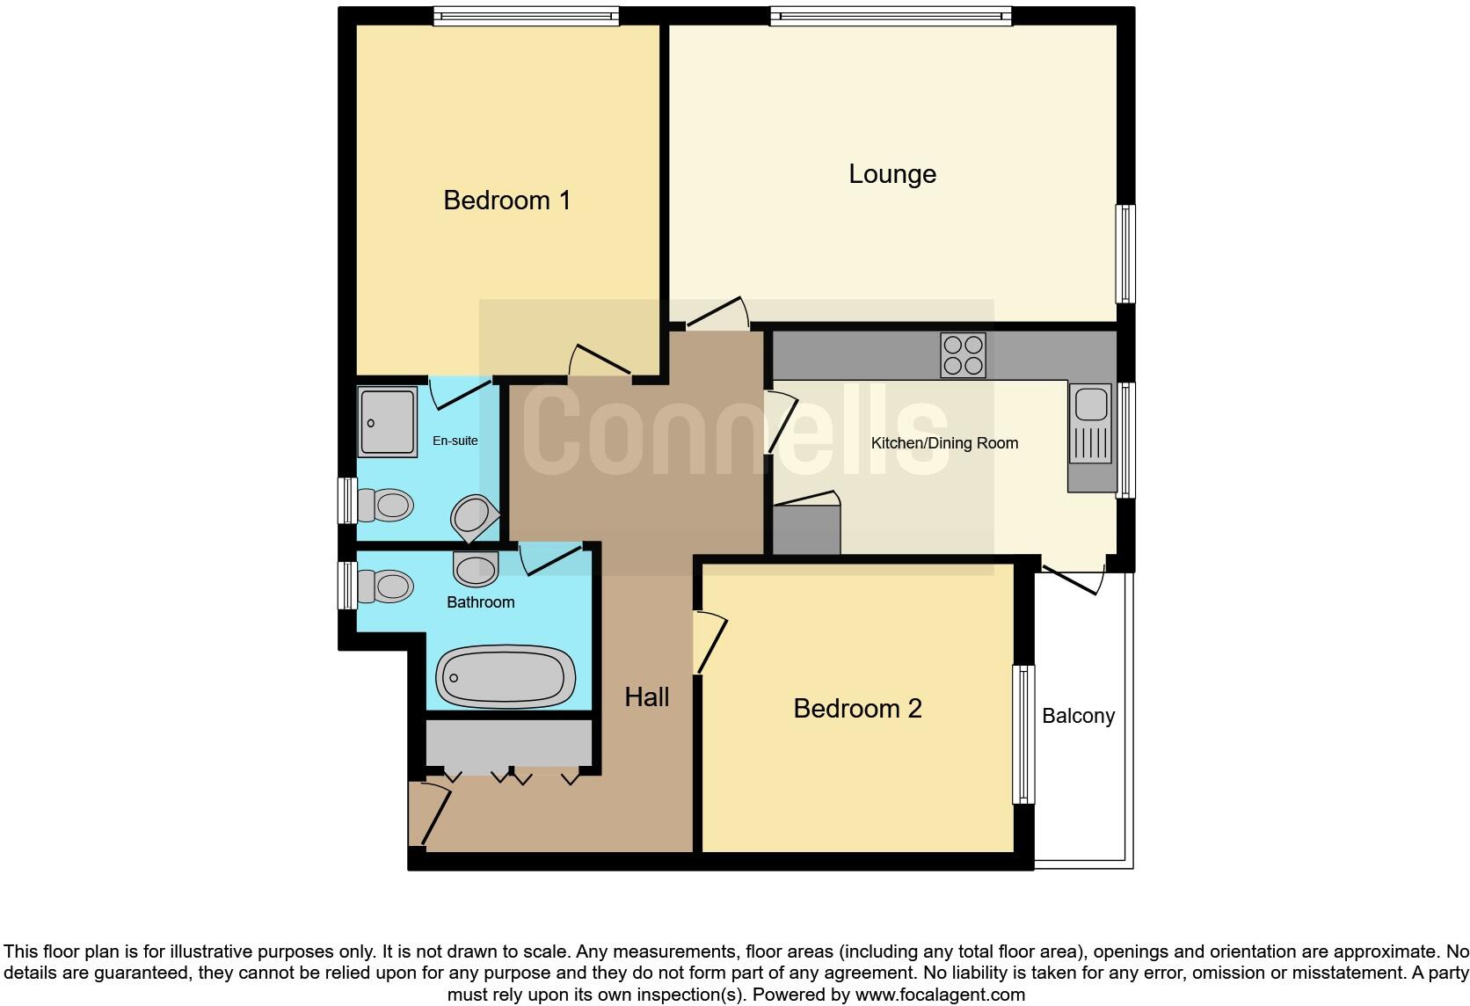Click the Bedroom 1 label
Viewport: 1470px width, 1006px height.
pos(507,200)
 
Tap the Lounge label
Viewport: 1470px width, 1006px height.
pos(891,174)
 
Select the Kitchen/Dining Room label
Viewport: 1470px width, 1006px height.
pos(944,443)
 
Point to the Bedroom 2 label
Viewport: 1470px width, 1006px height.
pos(857,709)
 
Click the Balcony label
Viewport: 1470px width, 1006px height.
pos(1078,716)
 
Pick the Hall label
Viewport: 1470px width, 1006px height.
pos(647,697)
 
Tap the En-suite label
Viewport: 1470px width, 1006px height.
pos(455,441)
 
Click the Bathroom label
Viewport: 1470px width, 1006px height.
pos(480,602)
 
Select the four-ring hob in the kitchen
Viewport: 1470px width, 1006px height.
pos(963,355)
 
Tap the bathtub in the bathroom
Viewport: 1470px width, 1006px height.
pos(506,678)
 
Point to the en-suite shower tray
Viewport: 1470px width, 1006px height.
pos(388,422)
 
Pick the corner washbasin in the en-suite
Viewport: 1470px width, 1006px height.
pos(473,517)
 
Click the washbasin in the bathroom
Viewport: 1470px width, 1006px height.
pos(476,569)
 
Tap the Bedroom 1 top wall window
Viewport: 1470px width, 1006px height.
pos(526,16)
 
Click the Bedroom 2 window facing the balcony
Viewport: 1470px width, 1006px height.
pos(1023,734)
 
